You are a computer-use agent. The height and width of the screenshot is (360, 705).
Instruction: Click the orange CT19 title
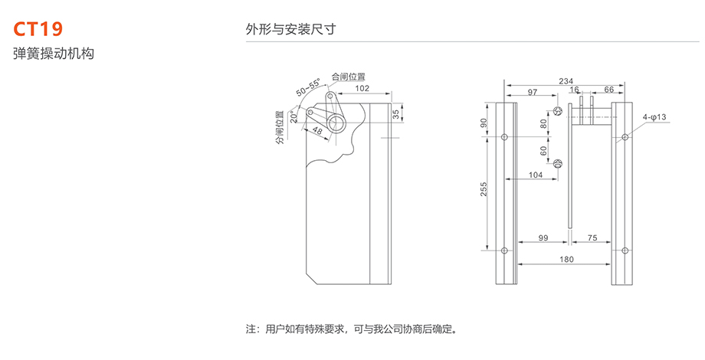38,29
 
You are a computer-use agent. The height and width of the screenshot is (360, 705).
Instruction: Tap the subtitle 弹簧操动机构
53,54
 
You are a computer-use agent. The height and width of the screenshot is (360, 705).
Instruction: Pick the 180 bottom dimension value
566,260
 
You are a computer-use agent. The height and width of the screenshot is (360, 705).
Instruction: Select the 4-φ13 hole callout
655,116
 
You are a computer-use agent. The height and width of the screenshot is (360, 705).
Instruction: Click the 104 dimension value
536,175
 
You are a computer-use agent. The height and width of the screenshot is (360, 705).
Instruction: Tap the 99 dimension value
543,238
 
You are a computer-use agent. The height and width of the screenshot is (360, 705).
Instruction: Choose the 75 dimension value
592,238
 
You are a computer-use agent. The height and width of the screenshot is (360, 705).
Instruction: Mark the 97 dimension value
533,91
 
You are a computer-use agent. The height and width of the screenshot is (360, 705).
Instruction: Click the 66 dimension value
608,90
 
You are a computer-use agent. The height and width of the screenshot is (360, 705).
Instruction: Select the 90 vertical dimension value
484,123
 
